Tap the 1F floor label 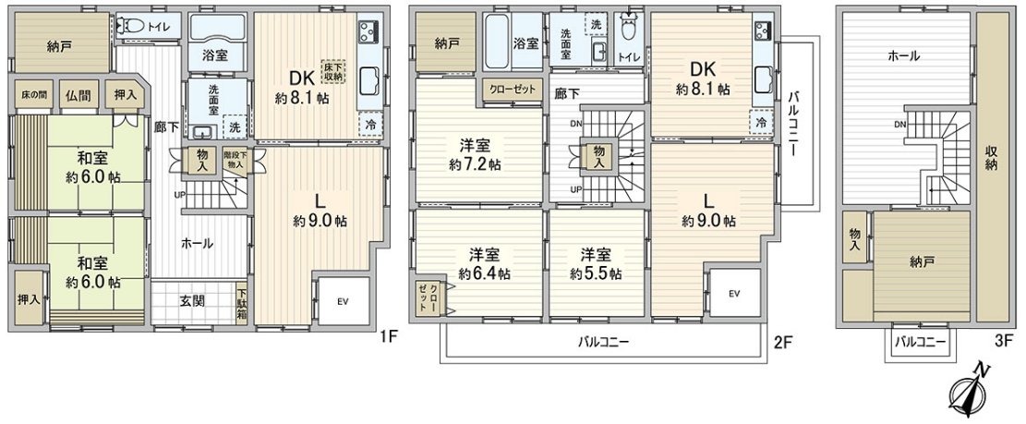tap(388, 338)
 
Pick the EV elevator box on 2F tap(734, 294)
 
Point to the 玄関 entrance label tap(192, 300)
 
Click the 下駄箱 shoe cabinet tap(241, 302)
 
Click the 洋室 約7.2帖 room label tap(476, 154)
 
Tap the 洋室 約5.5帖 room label tap(595, 263)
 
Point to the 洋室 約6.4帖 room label tap(484, 263)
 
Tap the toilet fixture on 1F tap(136, 26)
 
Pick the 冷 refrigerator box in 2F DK tap(762, 121)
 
